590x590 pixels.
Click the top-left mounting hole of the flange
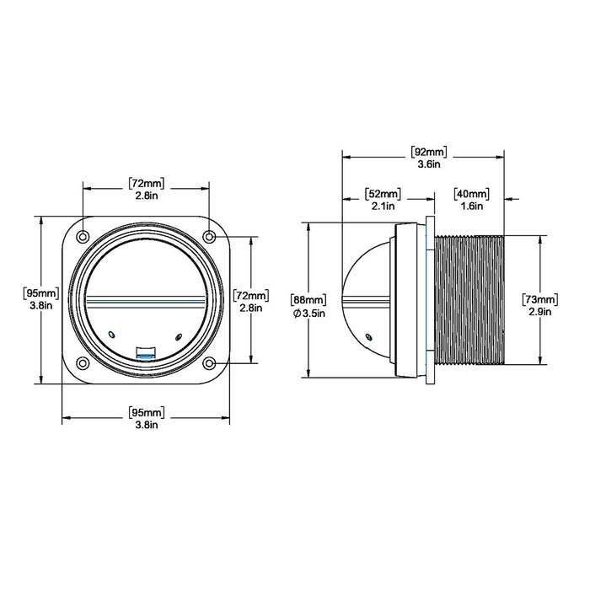pyautogui.click(x=83, y=237)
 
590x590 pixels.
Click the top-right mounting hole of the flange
pyautogui.click(x=209, y=237)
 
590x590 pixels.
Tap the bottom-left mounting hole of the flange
pyautogui.click(x=83, y=363)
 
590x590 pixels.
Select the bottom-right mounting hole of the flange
pyautogui.click(x=209, y=363)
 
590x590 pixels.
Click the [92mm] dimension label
pyautogui.click(x=429, y=152)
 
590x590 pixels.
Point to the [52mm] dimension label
pyautogui.click(x=383, y=194)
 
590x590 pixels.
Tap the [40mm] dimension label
pyautogui.click(x=472, y=194)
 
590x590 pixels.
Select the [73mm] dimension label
pyautogui.click(x=540, y=300)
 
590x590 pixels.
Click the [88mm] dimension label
pyautogui.click(x=308, y=300)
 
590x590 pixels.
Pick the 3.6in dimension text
pyautogui.click(x=429, y=164)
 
